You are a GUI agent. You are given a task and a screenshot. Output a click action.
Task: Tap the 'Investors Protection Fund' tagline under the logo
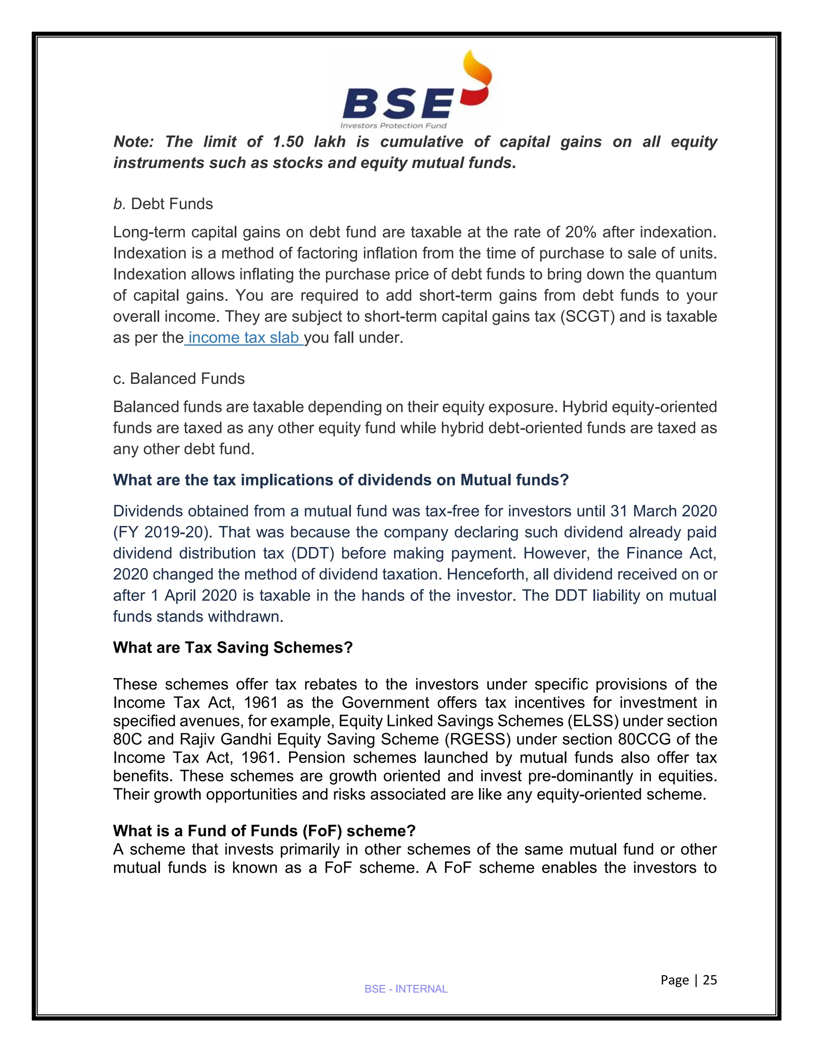393,126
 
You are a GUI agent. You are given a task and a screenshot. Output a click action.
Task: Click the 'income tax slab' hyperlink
244,338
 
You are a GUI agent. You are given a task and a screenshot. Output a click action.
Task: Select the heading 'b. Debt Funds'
163,204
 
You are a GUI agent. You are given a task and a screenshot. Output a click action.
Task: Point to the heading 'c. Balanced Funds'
179,379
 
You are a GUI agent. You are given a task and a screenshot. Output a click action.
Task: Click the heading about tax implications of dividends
341,480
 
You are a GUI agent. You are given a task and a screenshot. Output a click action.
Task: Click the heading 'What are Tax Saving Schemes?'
233,647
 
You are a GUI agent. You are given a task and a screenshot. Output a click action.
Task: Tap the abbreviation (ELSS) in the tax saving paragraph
593,721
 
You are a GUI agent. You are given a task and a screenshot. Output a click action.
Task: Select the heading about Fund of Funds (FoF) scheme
264,831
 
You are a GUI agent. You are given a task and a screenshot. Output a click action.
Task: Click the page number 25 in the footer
709,980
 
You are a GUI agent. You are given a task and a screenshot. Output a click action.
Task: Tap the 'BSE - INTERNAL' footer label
406,989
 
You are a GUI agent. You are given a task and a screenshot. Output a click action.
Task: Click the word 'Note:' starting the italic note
133,142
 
